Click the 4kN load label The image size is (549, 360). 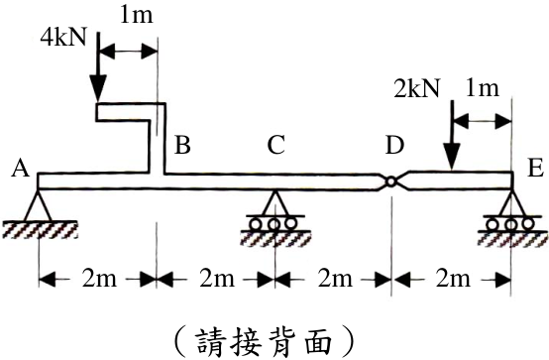pos(63,38)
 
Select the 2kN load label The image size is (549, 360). pos(416,87)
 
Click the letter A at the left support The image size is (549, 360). pos(20,170)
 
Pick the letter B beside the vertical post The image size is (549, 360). pos(182,145)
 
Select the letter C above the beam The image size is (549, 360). pos(275,145)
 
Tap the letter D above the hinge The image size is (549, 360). pos(394,145)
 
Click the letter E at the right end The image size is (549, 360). pos(535,170)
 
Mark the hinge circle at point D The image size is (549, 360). pos(390,181)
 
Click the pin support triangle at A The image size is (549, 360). pos(38,205)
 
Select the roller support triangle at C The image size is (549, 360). pos(274,202)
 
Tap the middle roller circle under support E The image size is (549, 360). pos(510,223)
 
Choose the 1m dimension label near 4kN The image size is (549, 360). pos(137,16)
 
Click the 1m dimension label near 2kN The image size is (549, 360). pos(483,88)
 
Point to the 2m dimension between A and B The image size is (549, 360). pos(99,280)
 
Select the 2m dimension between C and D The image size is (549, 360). pos(335,280)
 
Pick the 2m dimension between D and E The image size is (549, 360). pos(453,280)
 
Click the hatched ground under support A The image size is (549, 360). pos(40,230)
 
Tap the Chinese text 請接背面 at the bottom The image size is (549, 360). pos(264,341)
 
